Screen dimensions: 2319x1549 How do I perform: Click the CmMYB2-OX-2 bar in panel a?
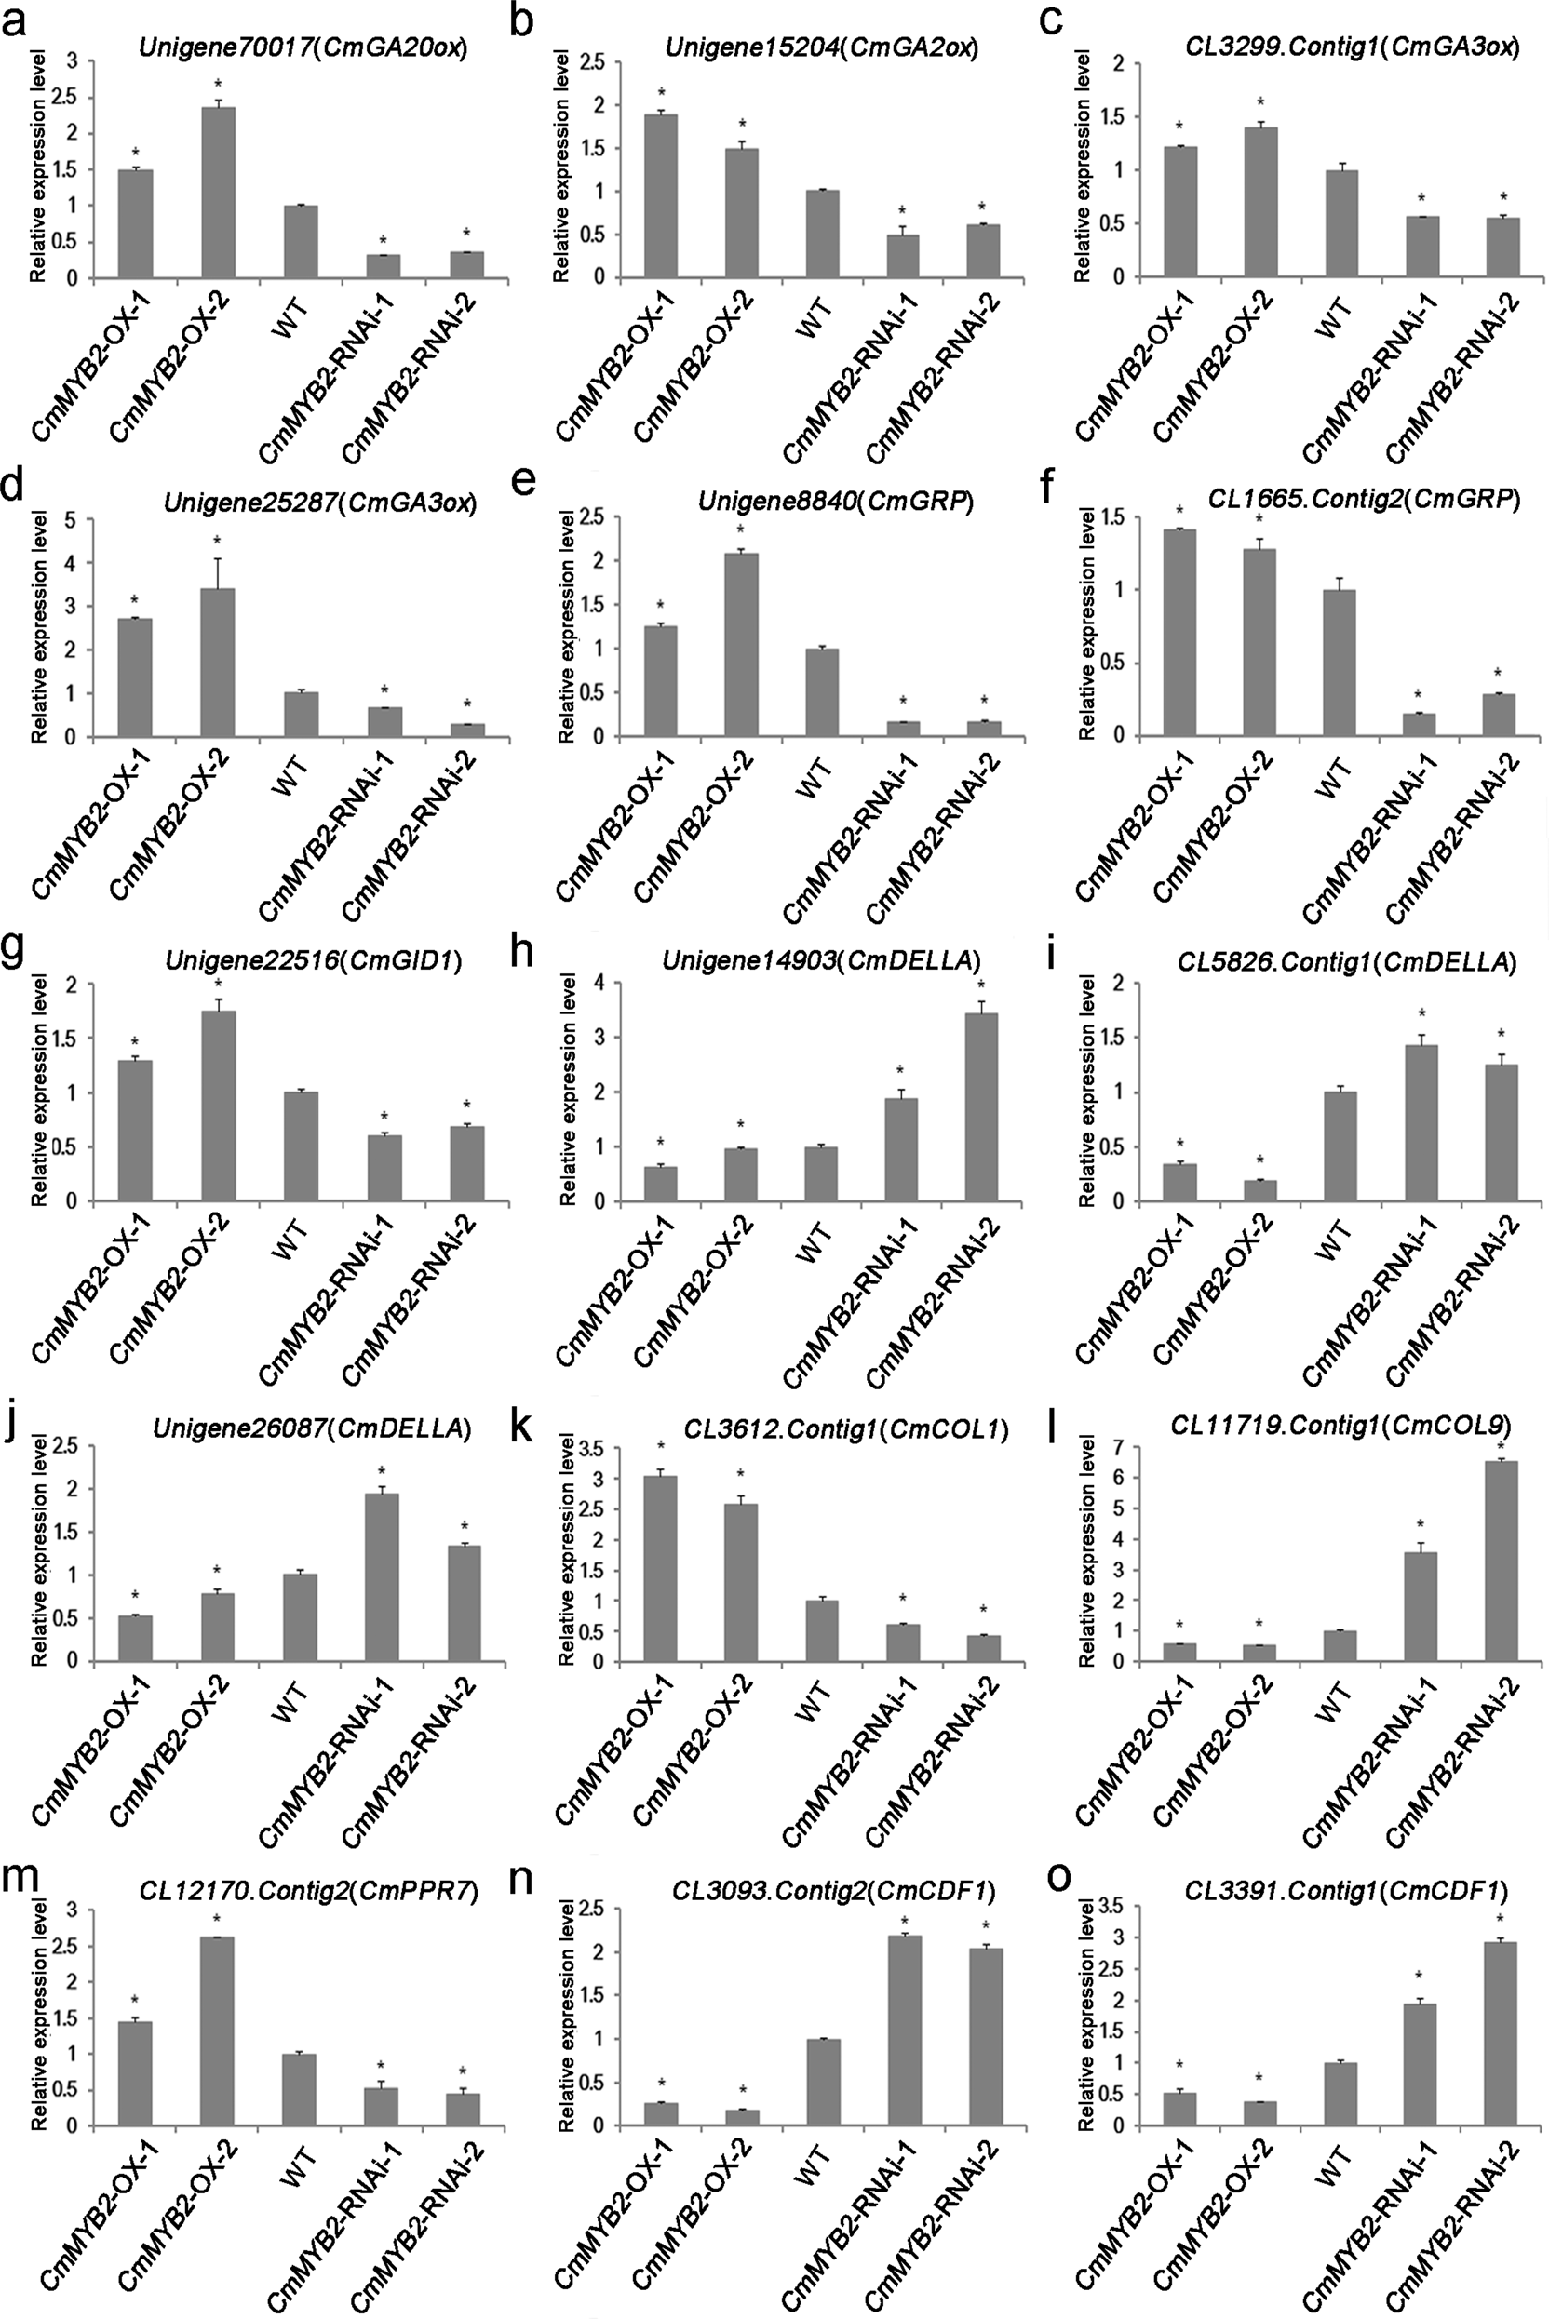219,194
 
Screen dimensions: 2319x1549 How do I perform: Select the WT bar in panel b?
822,235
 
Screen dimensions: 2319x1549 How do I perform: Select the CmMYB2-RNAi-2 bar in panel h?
982,1107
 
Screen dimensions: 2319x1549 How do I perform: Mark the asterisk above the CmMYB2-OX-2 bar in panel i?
1259,1160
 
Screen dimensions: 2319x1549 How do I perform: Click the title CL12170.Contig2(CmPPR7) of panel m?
309,1891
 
